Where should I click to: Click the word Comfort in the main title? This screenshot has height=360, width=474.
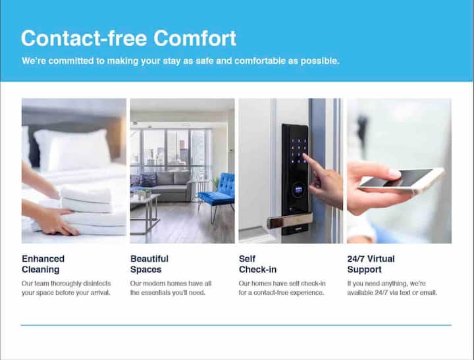[195, 38]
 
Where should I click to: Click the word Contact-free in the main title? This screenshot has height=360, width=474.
[84, 38]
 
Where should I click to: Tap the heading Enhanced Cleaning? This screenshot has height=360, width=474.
[43, 264]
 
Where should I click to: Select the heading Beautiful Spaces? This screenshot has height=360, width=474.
[149, 264]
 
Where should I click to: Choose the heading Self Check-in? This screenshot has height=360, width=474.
[257, 264]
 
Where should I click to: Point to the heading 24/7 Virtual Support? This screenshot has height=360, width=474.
[371, 264]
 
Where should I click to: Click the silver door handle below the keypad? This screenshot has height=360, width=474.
[290, 220]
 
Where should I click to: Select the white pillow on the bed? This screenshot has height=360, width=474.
[72, 149]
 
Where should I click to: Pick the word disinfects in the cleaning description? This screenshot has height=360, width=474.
[97, 284]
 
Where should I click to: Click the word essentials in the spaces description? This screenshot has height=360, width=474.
[157, 293]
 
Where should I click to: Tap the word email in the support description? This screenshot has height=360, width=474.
[429, 293]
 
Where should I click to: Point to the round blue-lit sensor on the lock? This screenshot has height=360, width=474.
[298, 190]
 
